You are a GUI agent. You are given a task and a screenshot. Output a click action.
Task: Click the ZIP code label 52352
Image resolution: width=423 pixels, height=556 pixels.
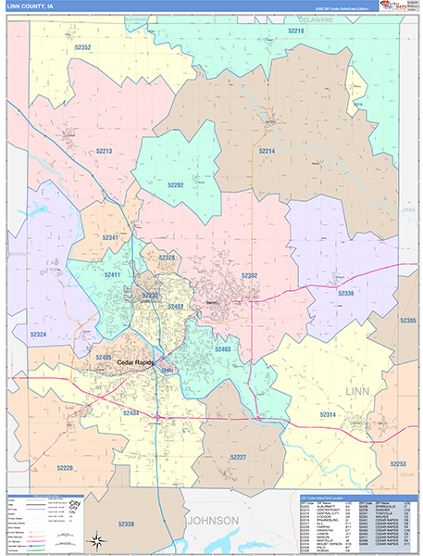tap(82, 47)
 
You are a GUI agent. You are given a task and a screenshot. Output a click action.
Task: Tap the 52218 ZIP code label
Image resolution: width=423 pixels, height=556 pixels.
tap(295, 31)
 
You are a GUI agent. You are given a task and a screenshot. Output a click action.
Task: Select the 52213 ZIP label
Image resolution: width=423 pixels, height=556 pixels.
tap(103, 150)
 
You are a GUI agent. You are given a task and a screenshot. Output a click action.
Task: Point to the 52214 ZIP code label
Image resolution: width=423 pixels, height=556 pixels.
tap(267, 150)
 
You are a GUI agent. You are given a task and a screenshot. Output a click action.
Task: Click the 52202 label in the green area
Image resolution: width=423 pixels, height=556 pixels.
tap(176, 185)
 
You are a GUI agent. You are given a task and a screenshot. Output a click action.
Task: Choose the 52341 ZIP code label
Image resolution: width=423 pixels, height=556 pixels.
tap(110, 238)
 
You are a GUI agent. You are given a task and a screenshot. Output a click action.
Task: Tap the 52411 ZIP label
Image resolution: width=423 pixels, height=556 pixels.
tap(113, 275)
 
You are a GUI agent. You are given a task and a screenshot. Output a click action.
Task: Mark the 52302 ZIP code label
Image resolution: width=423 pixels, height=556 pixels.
tap(250, 275)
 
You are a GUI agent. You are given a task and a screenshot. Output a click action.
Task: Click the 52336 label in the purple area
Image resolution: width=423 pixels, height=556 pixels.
tap(345, 293)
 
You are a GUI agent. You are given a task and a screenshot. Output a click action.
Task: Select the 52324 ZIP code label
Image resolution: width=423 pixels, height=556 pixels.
tap(38, 334)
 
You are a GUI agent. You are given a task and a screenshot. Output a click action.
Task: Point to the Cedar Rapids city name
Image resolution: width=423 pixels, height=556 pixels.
tap(134, 362)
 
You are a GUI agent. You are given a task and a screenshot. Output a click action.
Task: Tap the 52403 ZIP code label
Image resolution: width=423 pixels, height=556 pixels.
tap(223, 349)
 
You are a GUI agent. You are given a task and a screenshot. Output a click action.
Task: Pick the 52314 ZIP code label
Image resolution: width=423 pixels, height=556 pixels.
tap(329, 413)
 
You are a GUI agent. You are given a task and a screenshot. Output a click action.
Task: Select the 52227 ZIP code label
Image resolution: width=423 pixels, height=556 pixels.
tap(238, 457)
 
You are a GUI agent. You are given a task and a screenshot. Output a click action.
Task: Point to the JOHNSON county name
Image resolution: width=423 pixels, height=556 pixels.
tap(215, 520)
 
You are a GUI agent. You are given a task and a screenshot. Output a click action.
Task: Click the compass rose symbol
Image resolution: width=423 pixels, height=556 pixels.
tap(95, 538)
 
